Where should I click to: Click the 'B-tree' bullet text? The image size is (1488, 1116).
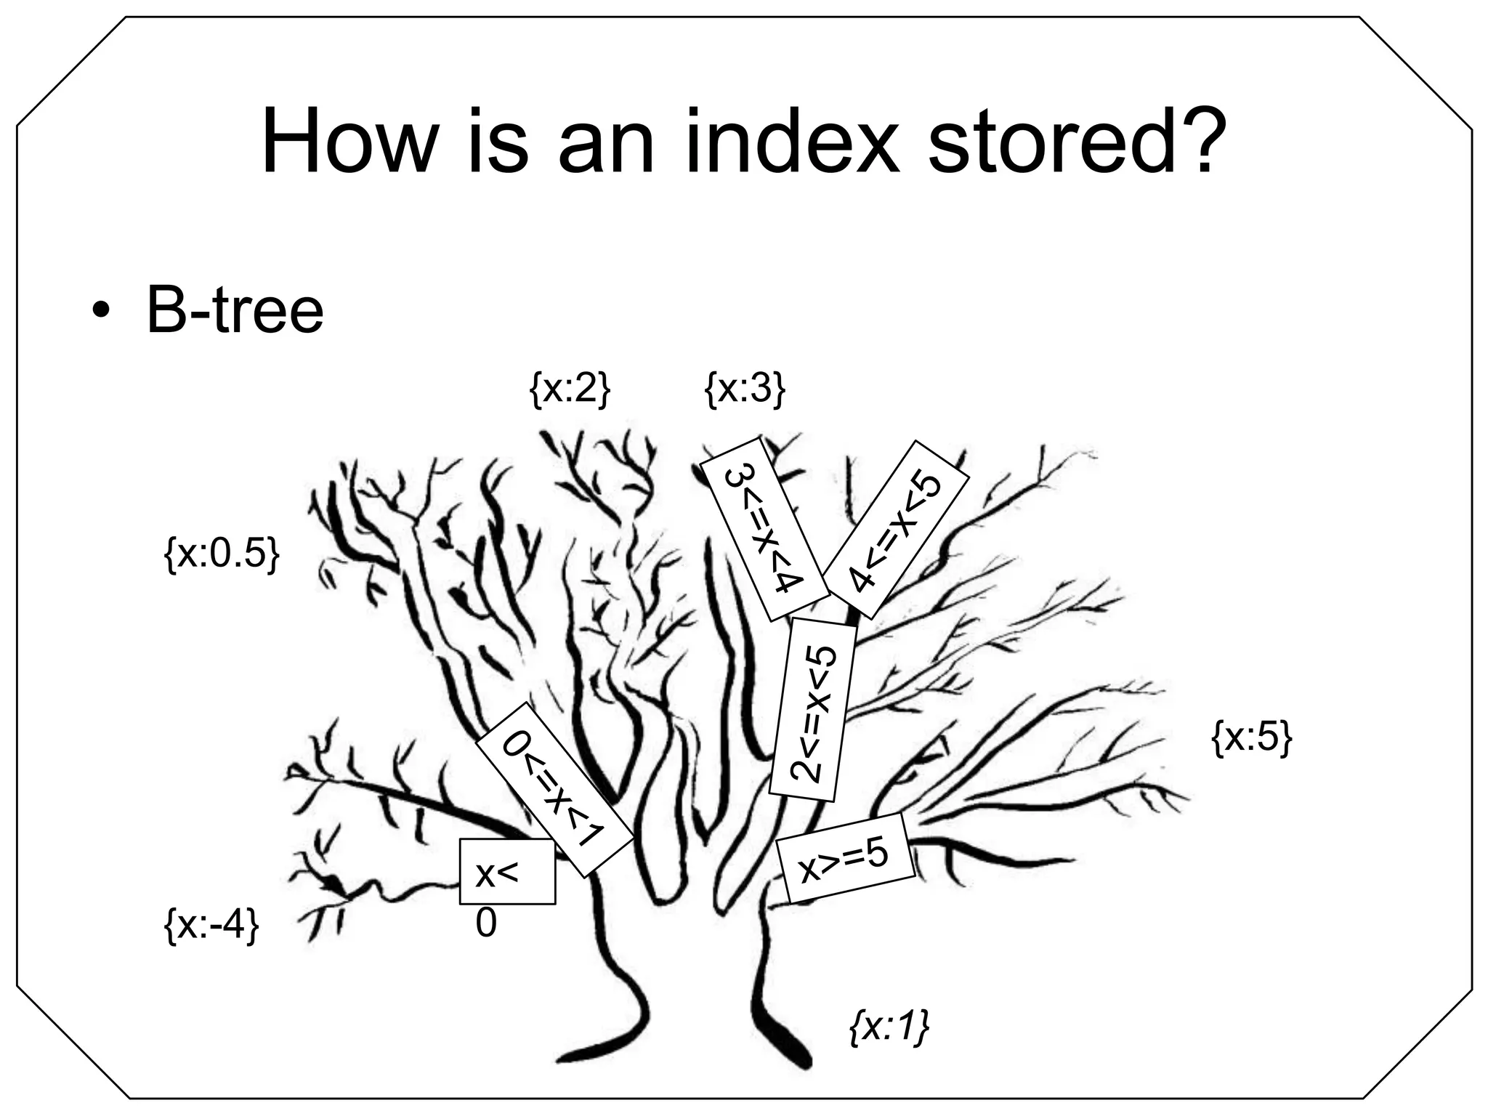pos(235,311)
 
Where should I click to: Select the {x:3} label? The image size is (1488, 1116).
pos(745,390)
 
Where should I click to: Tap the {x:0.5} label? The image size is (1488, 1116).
pos(222,555)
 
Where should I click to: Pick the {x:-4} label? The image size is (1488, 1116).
pos(211,926)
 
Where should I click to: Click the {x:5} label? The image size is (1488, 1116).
pos(1252,738)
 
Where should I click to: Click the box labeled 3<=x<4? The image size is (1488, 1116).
pos(764,528)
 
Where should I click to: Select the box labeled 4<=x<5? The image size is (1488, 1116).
pos(895,529)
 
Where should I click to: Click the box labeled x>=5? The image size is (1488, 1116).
pos(844,858)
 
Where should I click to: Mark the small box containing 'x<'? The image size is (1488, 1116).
pos(507,871)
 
